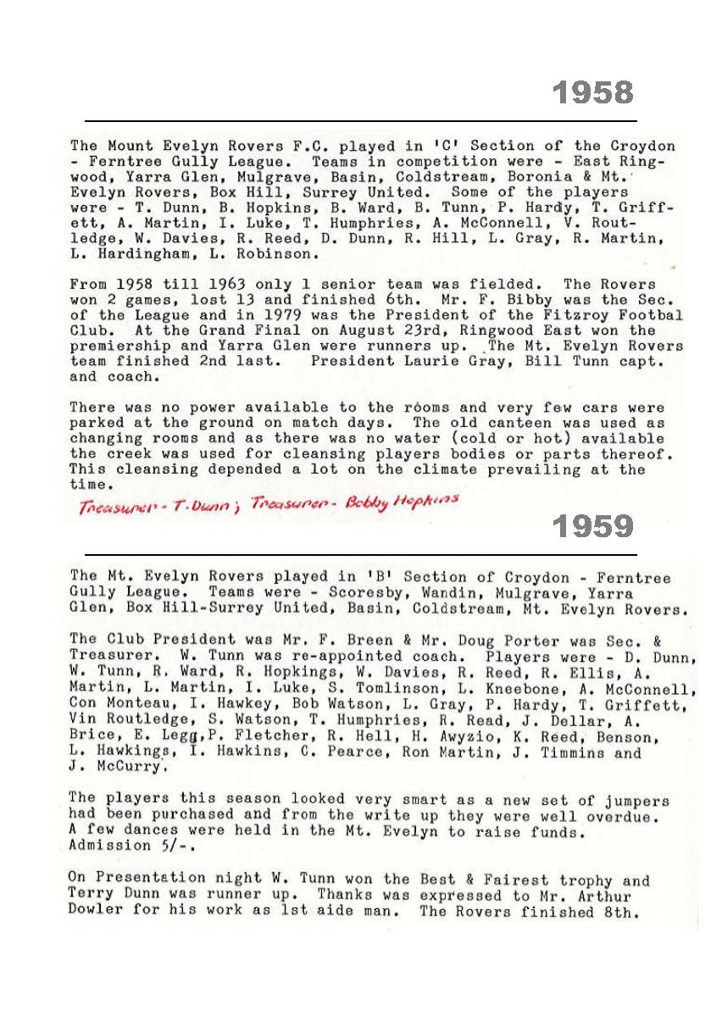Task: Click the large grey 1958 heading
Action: pos(593,92)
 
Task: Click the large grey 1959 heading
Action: pos(593,527)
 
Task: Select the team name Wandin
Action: pos(486,594)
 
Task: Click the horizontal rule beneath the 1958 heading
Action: pos(360,121)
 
